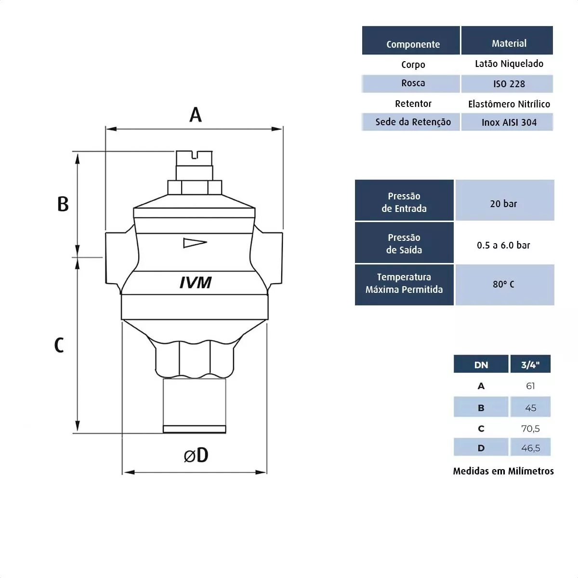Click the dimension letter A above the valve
195,115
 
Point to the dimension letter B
63,204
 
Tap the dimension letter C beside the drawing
59,345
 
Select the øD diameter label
196,455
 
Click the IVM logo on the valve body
196,282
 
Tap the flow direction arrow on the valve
195,243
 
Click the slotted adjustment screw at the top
195,158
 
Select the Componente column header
413,44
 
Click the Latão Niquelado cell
509,64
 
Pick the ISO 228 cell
509,84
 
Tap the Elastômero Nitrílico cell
509,104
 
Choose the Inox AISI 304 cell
509,122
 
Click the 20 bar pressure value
503,204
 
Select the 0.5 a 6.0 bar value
503,245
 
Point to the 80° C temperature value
503,284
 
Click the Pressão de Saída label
404,244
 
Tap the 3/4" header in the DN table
530,365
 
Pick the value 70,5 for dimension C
530,428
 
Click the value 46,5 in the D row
530,448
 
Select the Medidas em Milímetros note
503,471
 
